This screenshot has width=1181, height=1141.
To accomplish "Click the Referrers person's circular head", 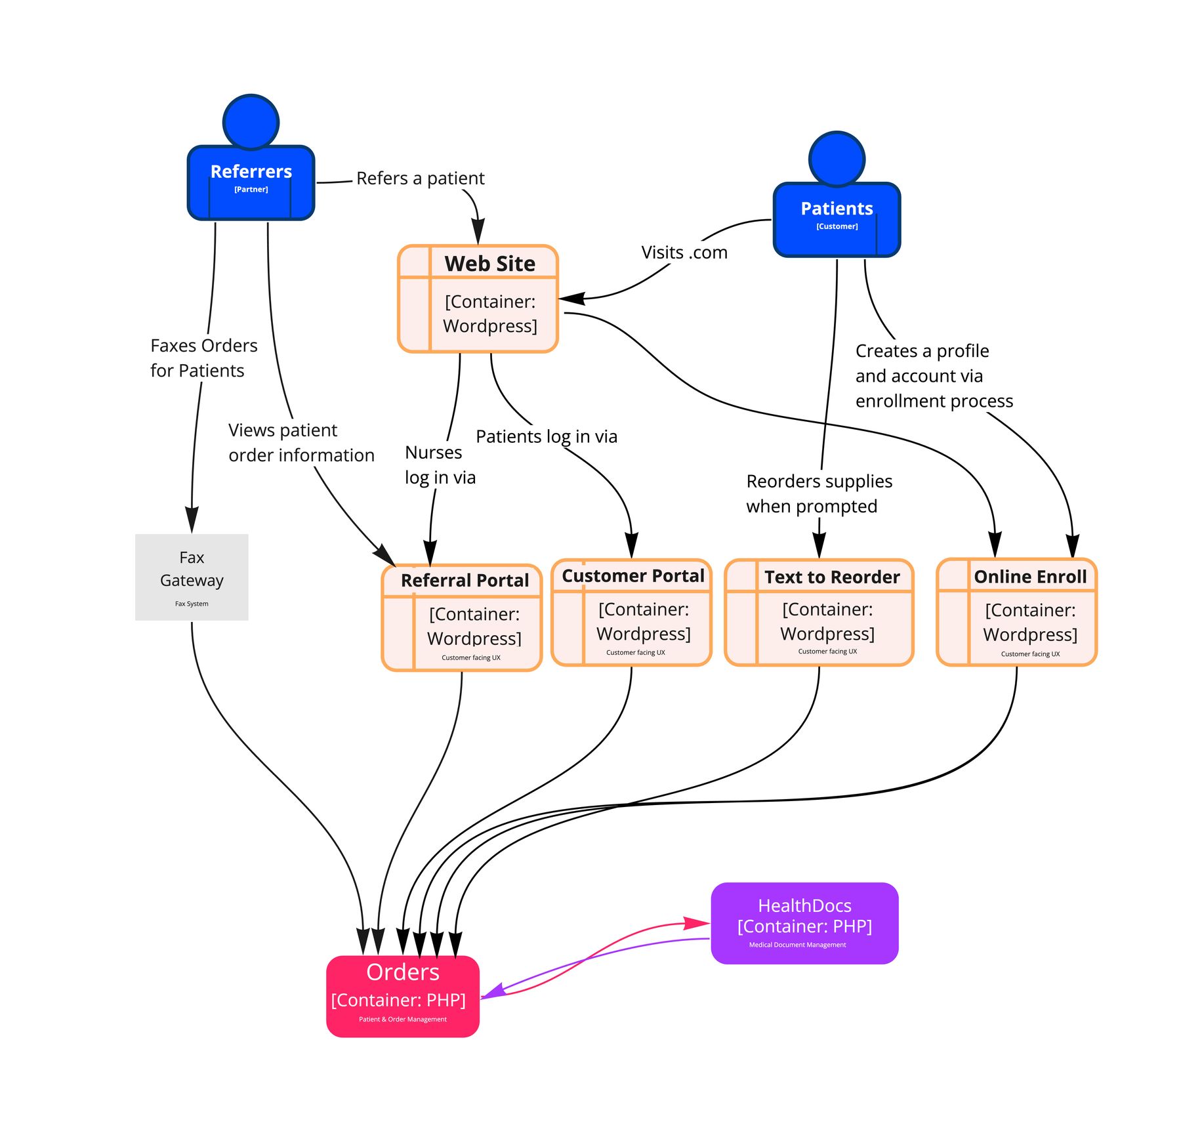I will [x=251, y=122].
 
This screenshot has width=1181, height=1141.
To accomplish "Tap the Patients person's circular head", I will [x=837, y=159].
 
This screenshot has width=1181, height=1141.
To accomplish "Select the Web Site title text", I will [x=490, y=263].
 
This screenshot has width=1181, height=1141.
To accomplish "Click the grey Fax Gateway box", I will [x=192, y=577].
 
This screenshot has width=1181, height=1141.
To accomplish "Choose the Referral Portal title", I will [x=465, y=580].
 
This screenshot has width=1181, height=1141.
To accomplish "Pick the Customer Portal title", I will [x=633, y=575].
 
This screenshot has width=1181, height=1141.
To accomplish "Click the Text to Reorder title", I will [x=832, y=577].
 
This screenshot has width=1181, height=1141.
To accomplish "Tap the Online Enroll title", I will [x=1030, y=576].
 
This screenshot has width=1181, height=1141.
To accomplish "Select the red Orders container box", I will [x=402, y=995].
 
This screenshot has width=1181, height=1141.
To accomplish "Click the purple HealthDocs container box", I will [x=804, y=923].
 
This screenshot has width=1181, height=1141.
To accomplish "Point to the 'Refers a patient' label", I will [x=421, y=178].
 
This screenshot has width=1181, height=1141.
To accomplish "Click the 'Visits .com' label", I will [x=684, y=253].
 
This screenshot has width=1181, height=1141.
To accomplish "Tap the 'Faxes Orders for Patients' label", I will [x=203, y=358].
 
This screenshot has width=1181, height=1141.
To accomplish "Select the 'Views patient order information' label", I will [x=301, y=442].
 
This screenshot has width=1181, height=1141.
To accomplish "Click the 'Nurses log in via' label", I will [x=440, y=465].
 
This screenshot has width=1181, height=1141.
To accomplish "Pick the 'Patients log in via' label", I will [x=547, y=436].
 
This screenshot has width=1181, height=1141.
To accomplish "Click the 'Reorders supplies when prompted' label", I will [x=819, y=493].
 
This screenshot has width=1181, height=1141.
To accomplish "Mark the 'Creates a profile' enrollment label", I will [x=934, y=375].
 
